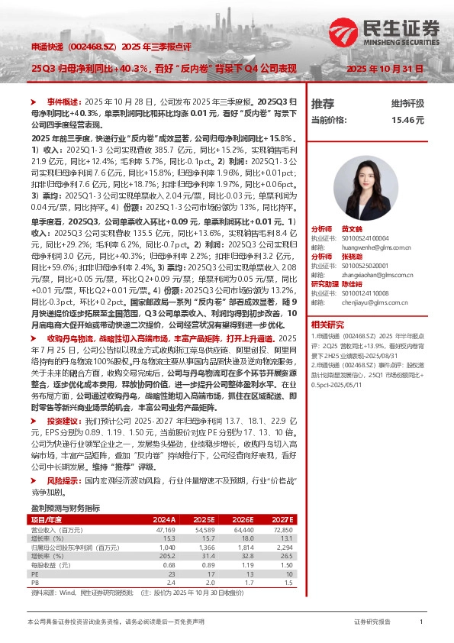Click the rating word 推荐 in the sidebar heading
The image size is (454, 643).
click(323, 103)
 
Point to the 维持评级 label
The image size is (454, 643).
click(407, 103)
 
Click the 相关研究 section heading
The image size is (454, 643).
click(327, 325)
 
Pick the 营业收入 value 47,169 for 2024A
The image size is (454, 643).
click(165, 528)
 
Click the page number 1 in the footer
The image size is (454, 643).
click(421, 622)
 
